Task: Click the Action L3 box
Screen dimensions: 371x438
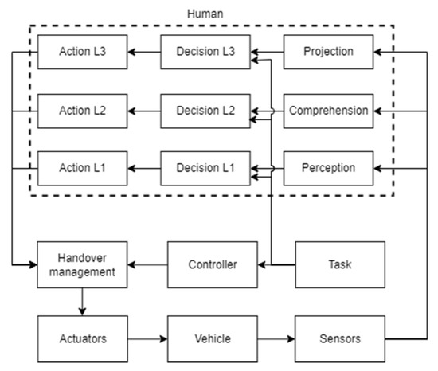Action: pyautogui.click(x=83, y=53)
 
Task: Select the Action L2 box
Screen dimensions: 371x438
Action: pyautogui.click(x=83, y=111)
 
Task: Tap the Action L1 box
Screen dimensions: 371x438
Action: pyautogui.click(x=83, y=168)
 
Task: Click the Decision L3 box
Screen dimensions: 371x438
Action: pyautogui.click(x=205, y=53)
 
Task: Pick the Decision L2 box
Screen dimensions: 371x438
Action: pyautogui.click(x=205, y=111)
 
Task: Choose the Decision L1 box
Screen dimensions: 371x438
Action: pyautogui.click(x=205, y=168)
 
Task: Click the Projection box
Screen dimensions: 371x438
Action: pyautogui.click(x=329, y=53)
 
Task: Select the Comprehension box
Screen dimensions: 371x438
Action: pyautogui.click(x=329, y=111)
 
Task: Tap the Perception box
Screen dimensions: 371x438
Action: pyautogui.click(x=329, y=168)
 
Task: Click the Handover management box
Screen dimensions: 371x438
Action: pyautogui.click(x=83, y=264)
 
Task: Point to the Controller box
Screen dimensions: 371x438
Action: pyautogui.click(x=212, y=264)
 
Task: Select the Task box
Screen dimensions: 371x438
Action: pyautogui.click(x=340, y=264)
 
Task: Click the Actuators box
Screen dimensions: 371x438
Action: pyautogui.click(x=83, y=338)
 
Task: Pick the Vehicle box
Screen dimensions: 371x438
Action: pyautogui.click(x=212, y=338)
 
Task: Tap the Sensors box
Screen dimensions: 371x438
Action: pyautogui.click(x=340, y=338)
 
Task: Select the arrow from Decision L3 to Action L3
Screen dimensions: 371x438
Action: pyautogui.click(x=144, y=53)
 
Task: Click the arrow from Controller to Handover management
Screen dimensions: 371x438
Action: pyautogui.click(x=147, y=264)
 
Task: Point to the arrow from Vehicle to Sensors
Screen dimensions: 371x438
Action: pyautogui.click(x=276, y=338)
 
